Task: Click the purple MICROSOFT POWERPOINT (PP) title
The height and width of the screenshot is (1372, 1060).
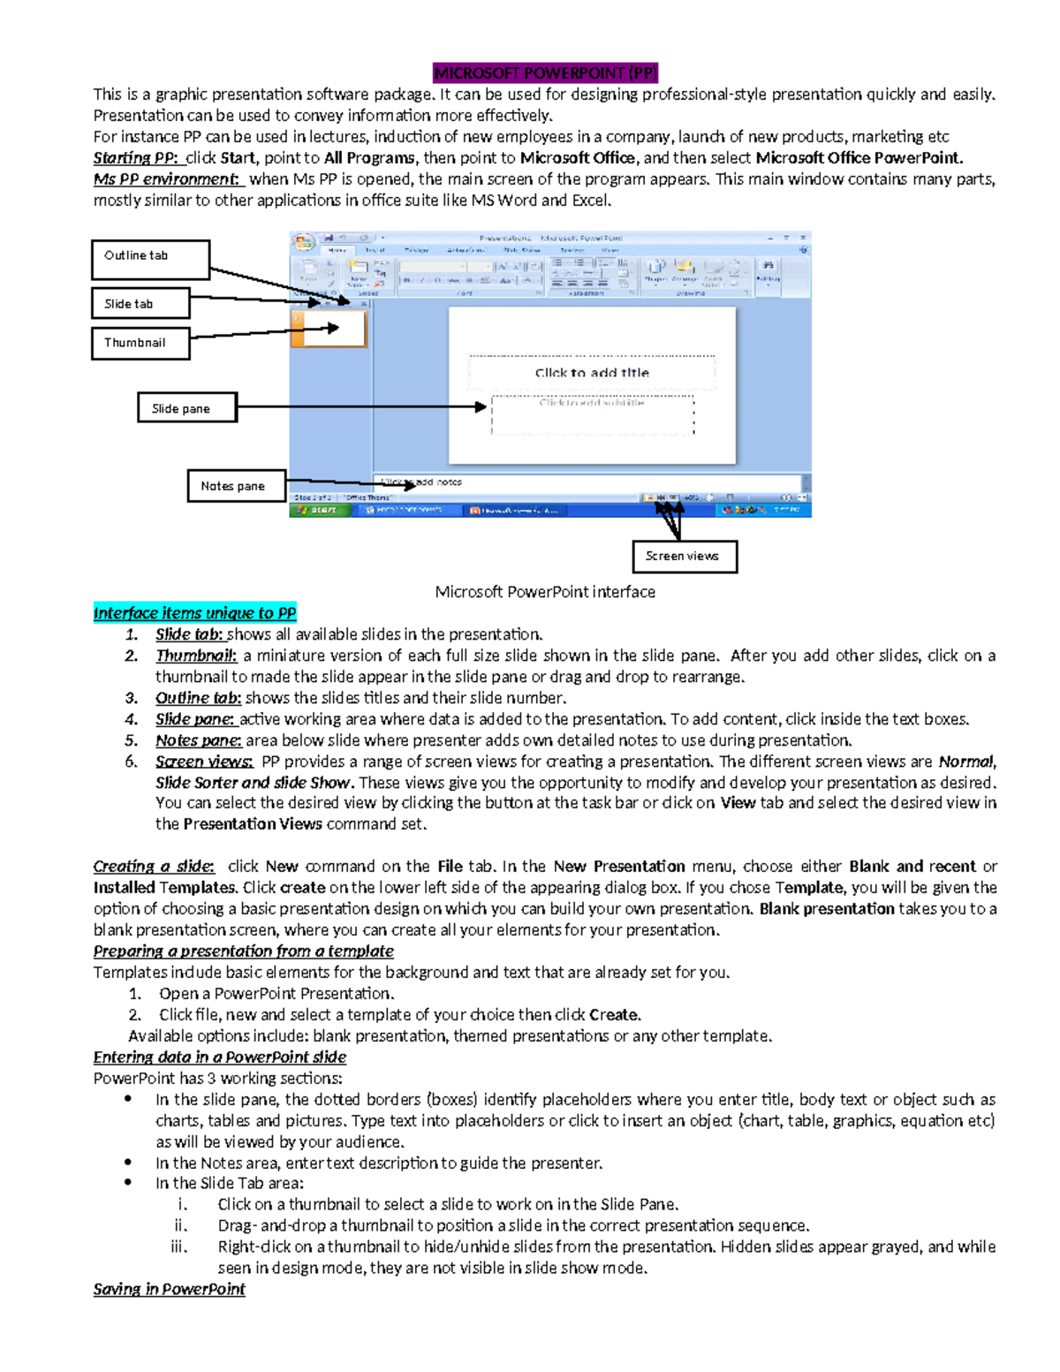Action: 545,73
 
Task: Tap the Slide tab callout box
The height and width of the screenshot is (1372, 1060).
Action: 140,303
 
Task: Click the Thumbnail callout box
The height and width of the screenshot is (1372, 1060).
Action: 140,343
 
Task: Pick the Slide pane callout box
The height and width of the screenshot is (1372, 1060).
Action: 187,408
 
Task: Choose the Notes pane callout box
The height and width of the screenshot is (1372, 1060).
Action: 236,486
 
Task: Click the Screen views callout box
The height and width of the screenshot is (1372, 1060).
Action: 685,557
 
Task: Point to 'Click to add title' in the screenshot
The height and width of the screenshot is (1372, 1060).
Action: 592,373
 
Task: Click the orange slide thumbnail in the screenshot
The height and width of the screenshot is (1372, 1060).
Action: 329,329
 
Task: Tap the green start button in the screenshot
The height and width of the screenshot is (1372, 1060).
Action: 317,510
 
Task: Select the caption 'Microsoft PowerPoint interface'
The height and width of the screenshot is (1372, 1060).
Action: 545,592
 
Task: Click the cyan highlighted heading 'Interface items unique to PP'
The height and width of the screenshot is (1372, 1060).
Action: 194,613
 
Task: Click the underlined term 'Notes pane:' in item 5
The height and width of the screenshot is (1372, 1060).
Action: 198,740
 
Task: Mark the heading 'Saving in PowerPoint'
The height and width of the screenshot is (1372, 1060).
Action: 169,1289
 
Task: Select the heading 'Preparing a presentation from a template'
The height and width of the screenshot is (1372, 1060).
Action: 243,951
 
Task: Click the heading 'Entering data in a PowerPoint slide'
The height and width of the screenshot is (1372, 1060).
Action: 219,1057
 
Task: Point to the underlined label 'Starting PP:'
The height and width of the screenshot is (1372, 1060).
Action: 136,158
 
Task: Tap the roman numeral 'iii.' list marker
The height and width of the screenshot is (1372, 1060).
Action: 179,1247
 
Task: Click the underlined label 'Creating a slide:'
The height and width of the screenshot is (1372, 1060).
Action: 154,867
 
